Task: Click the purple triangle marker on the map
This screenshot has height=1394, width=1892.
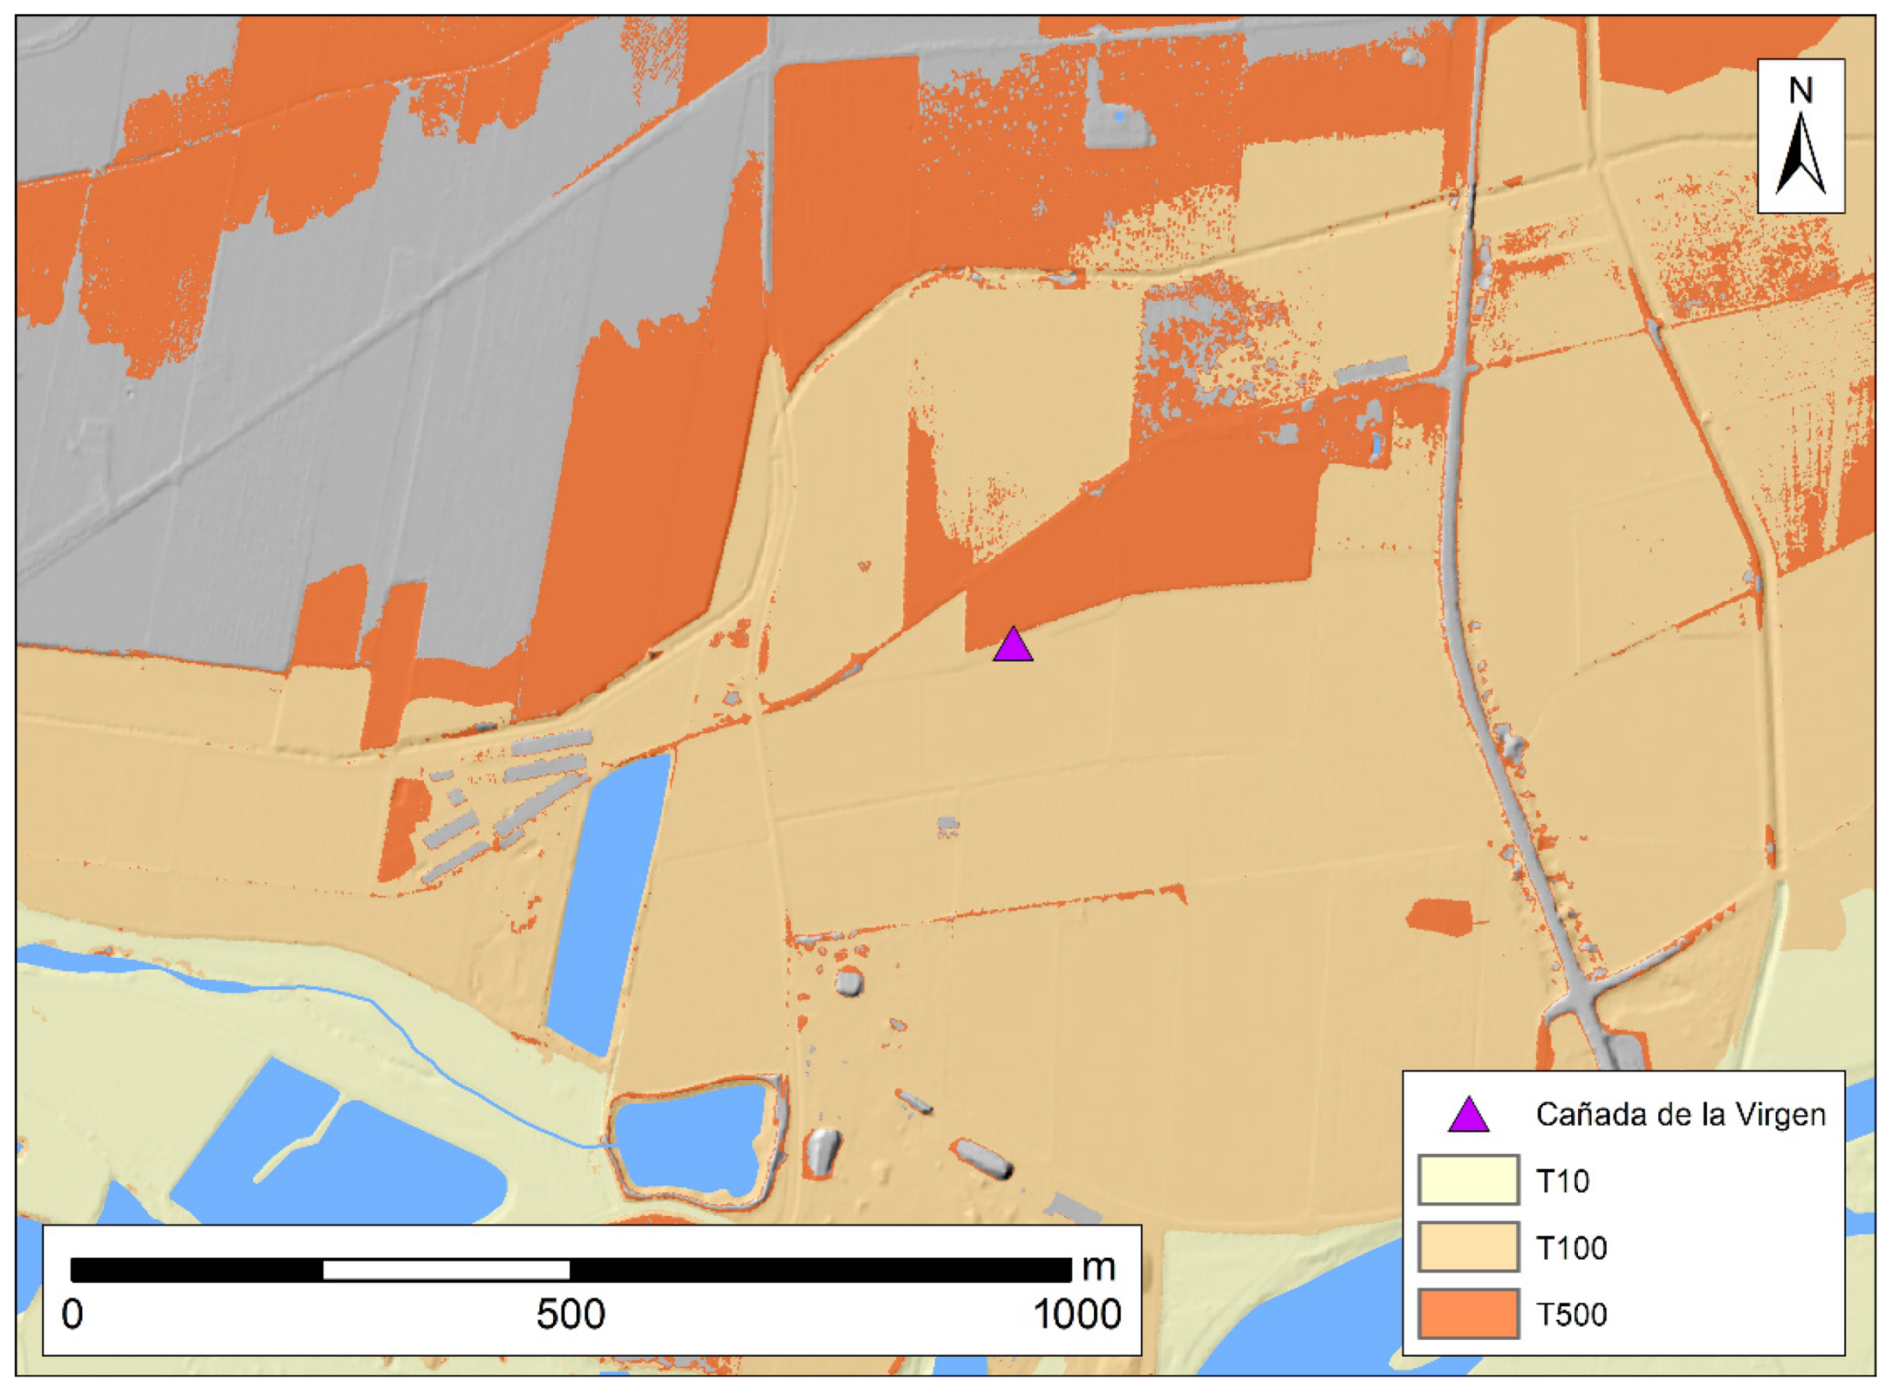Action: pyautogui.click(x=1013, y=646)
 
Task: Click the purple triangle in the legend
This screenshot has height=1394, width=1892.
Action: pyautogui.click(x=1469, y=1116)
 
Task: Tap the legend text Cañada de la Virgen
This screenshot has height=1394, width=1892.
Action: pyautogui.click(x=1680, y=1115)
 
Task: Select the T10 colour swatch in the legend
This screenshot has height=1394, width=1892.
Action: pyautogui.click(x=1469, y=1179)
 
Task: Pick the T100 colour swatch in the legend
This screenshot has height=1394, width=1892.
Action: pyautogui.click(x=1469, y=1246)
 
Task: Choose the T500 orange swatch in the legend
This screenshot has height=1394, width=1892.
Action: pyautogui.click(x=1469, y=1313)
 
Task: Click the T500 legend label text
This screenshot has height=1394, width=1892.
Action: pyautogui.click(x=1571, y=1314)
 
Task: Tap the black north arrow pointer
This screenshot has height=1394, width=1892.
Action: pyautogui.click(x=1801, y=156)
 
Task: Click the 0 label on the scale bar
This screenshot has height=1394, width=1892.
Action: pyautogui.click(x=73, y=1314)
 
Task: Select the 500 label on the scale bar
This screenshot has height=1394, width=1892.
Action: pyautogui.click(x=570, y=1314)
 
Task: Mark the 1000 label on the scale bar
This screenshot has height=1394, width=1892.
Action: pyautogui.click(x=1076, y=1314)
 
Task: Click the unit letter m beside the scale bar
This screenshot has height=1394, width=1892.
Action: pyautogui.click(x=1098, y=1267)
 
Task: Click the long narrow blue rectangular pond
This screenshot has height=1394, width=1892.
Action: pyautogui.click(x=608, y=903)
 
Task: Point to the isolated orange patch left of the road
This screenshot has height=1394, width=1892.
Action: pyautogui.click(x=1440, y=915)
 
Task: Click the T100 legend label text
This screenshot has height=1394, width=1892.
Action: pyautogui.click(x=1571, y=1247)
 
